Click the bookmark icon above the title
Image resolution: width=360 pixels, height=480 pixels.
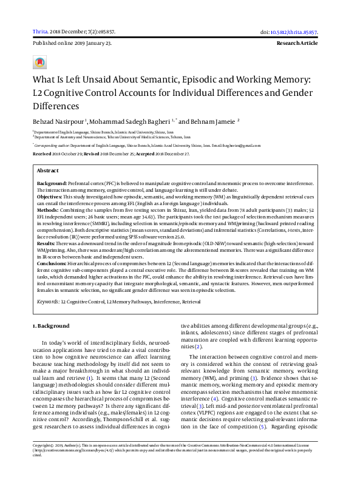pyautogui.click(x=41, y=63)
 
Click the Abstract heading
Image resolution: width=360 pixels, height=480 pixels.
pyautogui.click(x=48, y=171)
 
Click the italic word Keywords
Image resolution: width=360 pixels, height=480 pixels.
pyautogui.click(x=48, y=301)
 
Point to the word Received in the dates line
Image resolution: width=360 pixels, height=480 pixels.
pyautogui.click(x=42, y=154)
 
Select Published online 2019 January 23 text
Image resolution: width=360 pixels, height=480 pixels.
pyautogui.click(x=72, y=44)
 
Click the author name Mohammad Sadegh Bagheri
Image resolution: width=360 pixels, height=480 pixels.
pyautogui.click(x=120, y=121)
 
